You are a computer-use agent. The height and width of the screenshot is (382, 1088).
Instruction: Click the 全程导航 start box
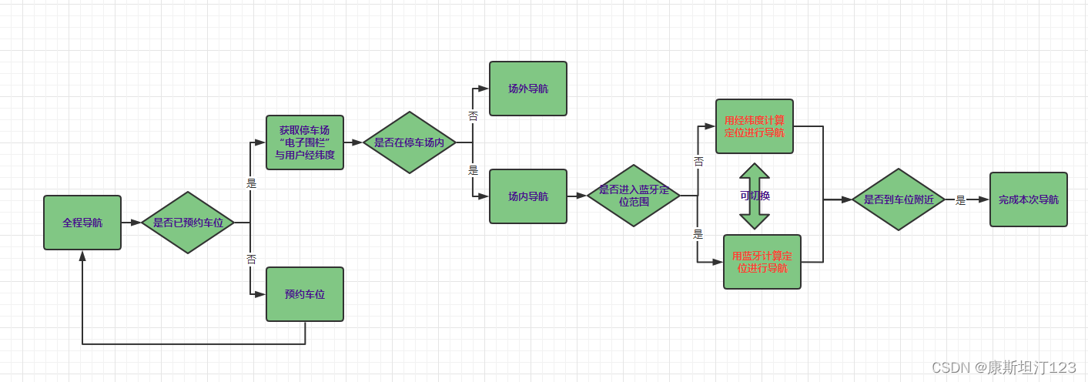click(82, 223)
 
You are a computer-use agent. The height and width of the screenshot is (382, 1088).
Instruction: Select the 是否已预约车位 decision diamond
click(188, 223)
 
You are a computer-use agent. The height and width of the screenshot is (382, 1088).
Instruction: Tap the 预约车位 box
click(305, 294)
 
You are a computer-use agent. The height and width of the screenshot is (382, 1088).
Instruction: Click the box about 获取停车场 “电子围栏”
click(305, 142)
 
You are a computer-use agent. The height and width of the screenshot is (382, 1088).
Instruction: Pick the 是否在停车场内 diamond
click(410, 142)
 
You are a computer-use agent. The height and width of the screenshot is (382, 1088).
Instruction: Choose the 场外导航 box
click(528, 89)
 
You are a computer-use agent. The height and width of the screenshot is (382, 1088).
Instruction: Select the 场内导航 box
click(528, 196)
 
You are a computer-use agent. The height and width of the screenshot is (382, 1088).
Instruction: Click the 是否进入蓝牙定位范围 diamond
click(634, 196)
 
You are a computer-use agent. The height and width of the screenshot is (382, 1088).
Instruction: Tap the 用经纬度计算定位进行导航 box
click(755, 126)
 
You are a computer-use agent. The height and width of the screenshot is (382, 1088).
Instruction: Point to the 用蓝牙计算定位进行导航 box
click(762, 262)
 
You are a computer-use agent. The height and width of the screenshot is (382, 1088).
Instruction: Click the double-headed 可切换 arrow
click(755, 196)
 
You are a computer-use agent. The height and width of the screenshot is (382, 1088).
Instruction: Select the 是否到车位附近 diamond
click(898, 199)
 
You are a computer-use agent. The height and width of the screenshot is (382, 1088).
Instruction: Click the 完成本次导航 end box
click(1029, 199)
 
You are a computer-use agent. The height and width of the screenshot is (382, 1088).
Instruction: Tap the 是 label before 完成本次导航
click(960, 200)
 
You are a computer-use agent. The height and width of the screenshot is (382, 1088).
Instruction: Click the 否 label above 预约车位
click(251, 259)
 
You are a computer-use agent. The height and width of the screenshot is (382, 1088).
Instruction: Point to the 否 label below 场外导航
click(473, 116)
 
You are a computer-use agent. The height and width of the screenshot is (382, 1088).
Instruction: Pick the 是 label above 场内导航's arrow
click(473, 171)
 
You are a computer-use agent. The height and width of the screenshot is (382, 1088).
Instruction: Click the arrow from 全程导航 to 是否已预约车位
click(132, 223)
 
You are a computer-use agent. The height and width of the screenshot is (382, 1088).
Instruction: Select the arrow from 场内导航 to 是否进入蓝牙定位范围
click(577, 196)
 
